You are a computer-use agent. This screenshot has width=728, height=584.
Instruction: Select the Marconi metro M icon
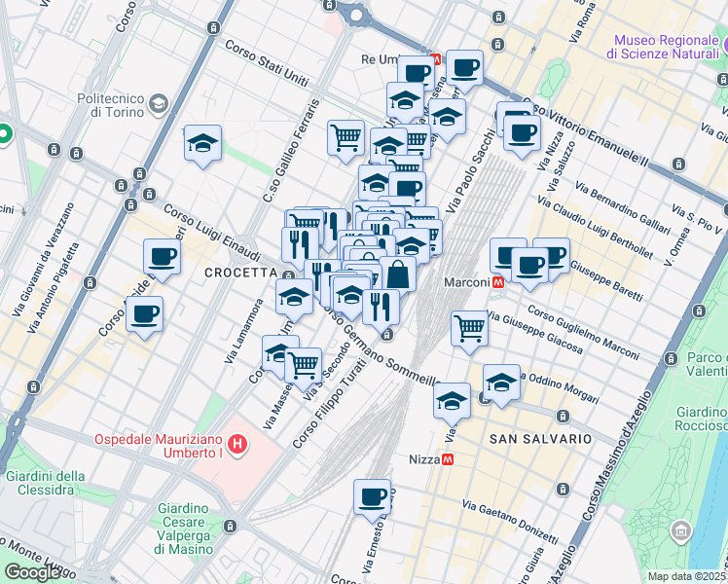498,282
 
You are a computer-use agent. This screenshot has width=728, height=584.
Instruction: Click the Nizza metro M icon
448,459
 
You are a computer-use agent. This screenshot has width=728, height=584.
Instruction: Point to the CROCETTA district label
236,274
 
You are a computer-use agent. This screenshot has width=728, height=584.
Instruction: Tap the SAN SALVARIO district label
540,439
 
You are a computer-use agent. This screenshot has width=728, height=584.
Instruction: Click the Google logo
32,572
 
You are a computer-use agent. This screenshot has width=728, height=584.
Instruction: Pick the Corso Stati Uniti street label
267,57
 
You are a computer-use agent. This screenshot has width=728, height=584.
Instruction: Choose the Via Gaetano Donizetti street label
509,521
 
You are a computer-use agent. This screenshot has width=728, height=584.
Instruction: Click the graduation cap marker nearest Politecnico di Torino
202,144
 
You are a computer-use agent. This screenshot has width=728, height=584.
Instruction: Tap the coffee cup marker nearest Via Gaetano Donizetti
372,496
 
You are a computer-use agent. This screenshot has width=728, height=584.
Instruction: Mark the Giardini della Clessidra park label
41,483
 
